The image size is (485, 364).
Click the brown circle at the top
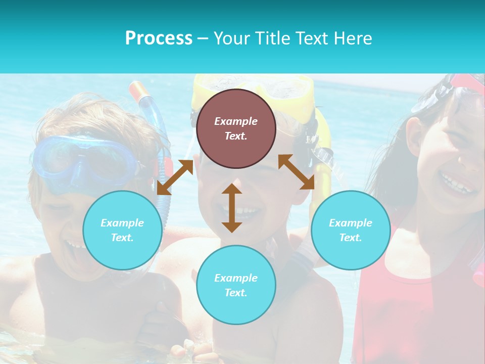pos(236,129)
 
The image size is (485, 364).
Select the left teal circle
pos(122,230)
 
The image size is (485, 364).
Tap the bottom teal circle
pos(236,285)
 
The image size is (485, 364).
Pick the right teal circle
pos(351,230)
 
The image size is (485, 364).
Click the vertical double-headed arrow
pos(232,208)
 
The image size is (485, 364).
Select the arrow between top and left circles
pos(175,177)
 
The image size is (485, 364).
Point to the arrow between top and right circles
pos(297,172)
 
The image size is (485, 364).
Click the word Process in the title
pos(159,38)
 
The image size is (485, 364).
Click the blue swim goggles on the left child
pos(83,159)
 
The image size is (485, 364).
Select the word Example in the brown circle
pos(236,121)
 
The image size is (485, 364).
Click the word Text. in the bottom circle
pos(236,293)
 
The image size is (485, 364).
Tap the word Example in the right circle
pos(351,223)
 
